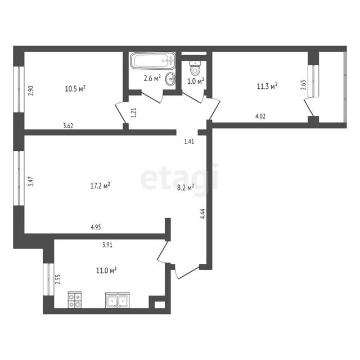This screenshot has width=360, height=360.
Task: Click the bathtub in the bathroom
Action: coord(152,61)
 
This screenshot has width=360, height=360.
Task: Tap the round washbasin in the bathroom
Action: coord(170,79)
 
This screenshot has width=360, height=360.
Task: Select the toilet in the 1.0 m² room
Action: coord(195,68)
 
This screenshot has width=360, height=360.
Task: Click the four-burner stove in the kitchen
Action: coord(75,300)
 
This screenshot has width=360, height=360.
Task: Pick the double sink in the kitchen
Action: coord(118,300)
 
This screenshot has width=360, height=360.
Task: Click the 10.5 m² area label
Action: coord(75,89)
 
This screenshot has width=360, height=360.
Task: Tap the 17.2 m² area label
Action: coord(100,186)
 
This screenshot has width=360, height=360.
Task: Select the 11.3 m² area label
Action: coord(267,86)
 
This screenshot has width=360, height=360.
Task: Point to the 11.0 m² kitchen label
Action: coord(106,271)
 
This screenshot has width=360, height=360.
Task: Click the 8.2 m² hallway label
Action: coord(186,188)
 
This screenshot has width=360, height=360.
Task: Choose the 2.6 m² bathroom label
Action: coord(152,78)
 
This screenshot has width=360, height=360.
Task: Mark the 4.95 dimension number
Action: coord(96,227)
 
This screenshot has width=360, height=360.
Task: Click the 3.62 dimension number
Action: coord(68,126)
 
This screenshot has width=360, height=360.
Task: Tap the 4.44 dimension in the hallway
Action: coord(202,214)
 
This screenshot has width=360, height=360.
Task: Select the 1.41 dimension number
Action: coord(189,141)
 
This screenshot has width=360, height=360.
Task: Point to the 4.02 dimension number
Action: coord(260,116)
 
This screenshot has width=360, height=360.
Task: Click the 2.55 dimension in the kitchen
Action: coord(58,280)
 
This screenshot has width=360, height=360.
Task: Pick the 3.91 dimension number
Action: coord(107,245)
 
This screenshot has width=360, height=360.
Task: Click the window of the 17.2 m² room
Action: coord(19,178)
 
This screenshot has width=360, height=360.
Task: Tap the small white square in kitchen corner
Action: coord(160,305)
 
